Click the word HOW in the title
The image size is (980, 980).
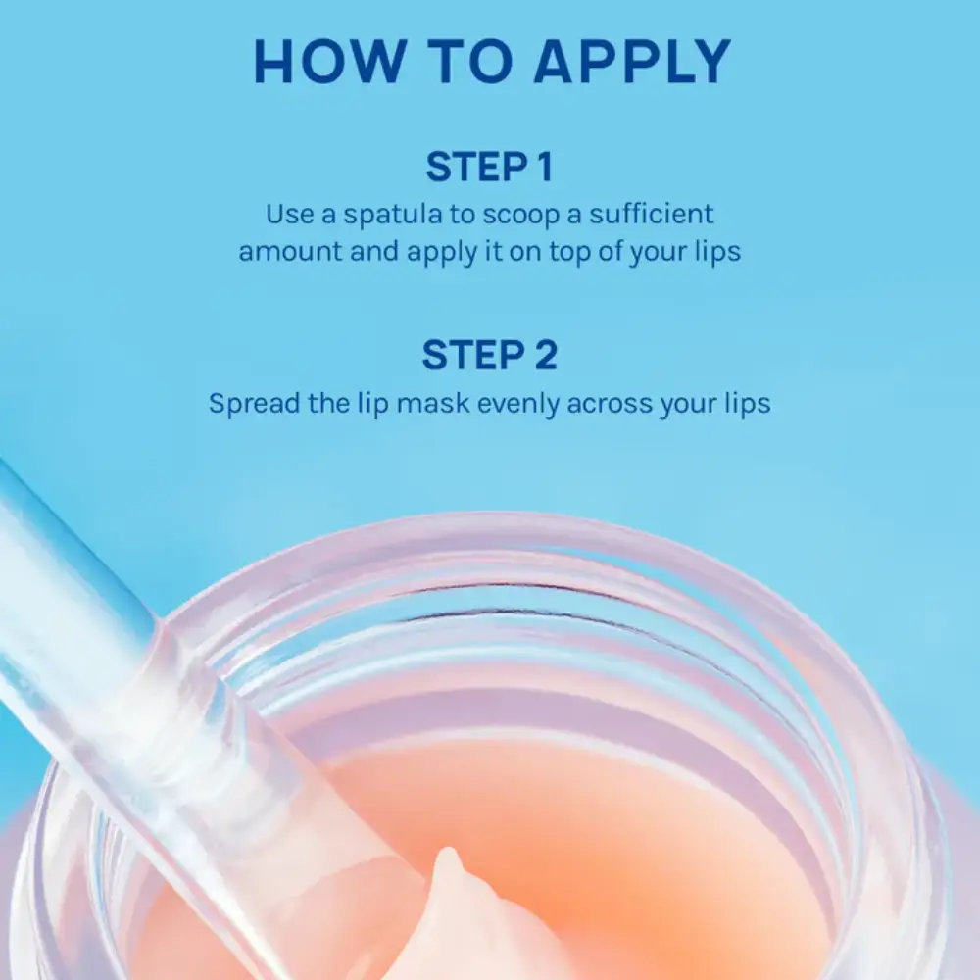(328, 61)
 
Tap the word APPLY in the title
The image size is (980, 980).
(631, 61)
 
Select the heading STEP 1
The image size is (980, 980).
(489, 167)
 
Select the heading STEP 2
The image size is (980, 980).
(489, 355)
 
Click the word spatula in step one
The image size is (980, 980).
(393, 215)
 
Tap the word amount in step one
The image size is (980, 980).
(290, 251)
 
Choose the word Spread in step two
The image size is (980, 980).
(254, 403)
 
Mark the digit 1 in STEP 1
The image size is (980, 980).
(544, 167)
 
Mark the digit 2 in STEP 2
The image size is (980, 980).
(545, 355)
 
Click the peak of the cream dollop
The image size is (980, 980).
(448, 852)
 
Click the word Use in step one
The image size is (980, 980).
(289, 214)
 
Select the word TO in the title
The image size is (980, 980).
(470, 61)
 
